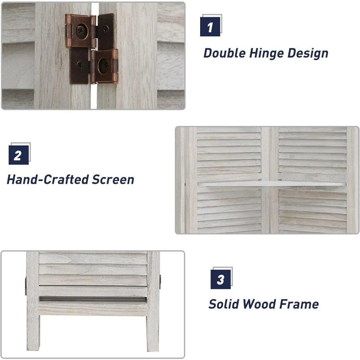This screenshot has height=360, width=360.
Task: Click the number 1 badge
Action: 210,27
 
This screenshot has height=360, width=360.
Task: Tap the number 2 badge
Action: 19,155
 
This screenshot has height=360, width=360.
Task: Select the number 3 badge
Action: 221,279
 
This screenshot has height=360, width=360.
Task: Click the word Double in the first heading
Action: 225,53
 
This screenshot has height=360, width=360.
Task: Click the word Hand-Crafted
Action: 48,180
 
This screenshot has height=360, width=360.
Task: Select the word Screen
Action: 113,180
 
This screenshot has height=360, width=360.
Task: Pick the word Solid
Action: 224,304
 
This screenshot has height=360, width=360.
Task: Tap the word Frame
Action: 299,304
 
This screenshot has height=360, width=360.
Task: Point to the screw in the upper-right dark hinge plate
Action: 105,29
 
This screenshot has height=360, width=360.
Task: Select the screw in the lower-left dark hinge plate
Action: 80,66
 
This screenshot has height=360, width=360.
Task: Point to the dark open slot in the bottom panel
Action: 93,299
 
